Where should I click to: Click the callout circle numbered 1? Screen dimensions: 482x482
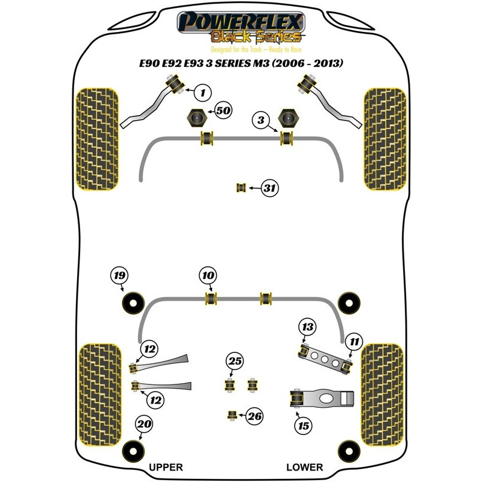[x=203, y=93]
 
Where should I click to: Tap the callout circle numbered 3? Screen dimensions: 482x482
[x=261, y=121]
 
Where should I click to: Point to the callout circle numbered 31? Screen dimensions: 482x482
[x=271, y=189]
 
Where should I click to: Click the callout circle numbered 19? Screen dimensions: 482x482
[x=120, y=277]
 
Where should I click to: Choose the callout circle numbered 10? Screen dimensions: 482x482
[x=208, y=276]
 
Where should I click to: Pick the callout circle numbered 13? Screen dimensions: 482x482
[x=308, y=327]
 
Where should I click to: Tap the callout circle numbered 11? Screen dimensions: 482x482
[x=354, y=342]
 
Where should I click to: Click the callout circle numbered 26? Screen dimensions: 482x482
[x=255, y=415]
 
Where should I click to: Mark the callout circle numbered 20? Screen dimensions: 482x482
[x=144, y=424]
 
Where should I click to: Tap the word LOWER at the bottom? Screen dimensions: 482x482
[x=304, y=467]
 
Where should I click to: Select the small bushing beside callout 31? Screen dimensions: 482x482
[x=242, y=188]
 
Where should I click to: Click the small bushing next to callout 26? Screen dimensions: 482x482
[x=231, y=415]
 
